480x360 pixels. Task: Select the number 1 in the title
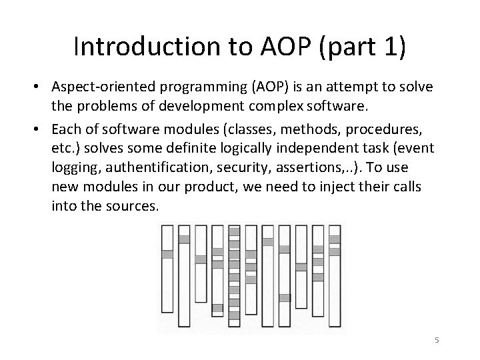(387, 47)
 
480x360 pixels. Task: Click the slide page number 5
(437, 341)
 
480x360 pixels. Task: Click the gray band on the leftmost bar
(167, 254)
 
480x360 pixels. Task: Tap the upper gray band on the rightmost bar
(335, 239)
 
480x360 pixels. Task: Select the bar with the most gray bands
(233, 277)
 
